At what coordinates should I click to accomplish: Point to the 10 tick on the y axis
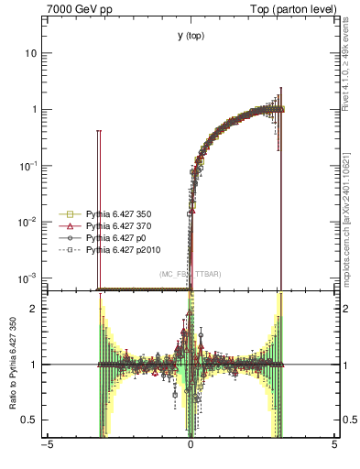(31, 53)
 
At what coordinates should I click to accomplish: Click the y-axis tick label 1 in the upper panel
(34, 109)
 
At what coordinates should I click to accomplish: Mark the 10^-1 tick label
(29, 165)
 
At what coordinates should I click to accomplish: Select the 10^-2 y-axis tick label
(29, 221)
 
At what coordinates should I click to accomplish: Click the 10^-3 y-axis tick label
(29, 277)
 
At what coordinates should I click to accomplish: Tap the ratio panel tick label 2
(34, 309)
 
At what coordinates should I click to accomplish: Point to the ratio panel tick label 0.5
(30, 420)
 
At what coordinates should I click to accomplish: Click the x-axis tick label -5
(47, 446)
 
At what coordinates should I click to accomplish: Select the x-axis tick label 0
(191, 446)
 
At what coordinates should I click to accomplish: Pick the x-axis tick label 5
(334, 446)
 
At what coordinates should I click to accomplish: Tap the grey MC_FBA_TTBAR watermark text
(191, 274)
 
